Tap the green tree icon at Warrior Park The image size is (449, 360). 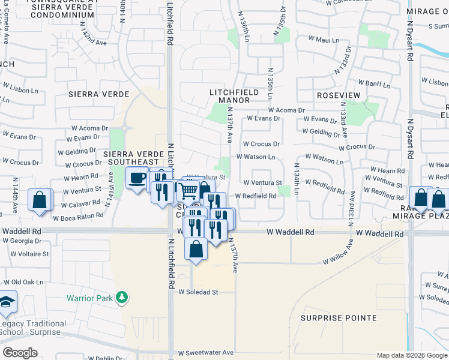[122, 297]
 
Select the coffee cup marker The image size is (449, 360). [137, 178]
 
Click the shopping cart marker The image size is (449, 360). [189, 191]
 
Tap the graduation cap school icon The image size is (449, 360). [7, 302]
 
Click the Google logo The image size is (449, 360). [20, 353]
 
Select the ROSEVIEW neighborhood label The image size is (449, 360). [338, 95]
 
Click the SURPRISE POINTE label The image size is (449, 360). [339, 317]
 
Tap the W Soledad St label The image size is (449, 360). [198, 292]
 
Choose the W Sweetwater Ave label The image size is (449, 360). [205, 353]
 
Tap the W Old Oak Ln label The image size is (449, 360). [24, 281]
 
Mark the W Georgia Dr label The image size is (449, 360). [22, 241]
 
